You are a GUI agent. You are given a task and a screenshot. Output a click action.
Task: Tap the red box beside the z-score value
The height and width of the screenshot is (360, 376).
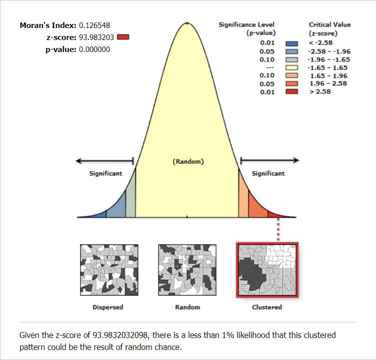pos(123,36)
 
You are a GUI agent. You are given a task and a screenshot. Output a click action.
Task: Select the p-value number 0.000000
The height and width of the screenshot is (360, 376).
pos(94,49)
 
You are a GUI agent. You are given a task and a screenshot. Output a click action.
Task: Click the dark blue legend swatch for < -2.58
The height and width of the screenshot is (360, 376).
pos(291,43)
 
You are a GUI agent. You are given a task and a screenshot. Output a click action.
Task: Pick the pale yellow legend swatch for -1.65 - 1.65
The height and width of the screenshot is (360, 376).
pos(291,67)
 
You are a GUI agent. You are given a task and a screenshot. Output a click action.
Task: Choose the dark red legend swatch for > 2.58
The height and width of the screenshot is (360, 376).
pos(291,91)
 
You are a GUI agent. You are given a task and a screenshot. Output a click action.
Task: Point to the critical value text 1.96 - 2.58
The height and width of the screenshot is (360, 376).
pos(327,83)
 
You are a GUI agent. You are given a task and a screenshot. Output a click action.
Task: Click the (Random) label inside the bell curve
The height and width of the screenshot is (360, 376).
pos(188,162)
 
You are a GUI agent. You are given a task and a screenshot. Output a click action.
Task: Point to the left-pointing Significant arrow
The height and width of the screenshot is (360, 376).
pos(104,161)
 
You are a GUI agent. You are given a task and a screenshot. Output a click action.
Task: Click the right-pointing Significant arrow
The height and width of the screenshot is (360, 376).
pos(269,160)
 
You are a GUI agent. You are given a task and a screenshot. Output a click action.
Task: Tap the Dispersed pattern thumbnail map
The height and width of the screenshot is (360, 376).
pos(108,270)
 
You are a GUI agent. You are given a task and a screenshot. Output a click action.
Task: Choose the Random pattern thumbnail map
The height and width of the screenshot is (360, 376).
pos(187,270)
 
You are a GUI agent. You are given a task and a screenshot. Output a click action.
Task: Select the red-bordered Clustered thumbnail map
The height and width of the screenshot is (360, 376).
pos(267,270)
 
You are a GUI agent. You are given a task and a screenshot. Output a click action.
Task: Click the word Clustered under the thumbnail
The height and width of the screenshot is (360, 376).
pos(267,307)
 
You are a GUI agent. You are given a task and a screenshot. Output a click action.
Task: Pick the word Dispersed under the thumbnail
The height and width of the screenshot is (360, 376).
pos(108,307)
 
